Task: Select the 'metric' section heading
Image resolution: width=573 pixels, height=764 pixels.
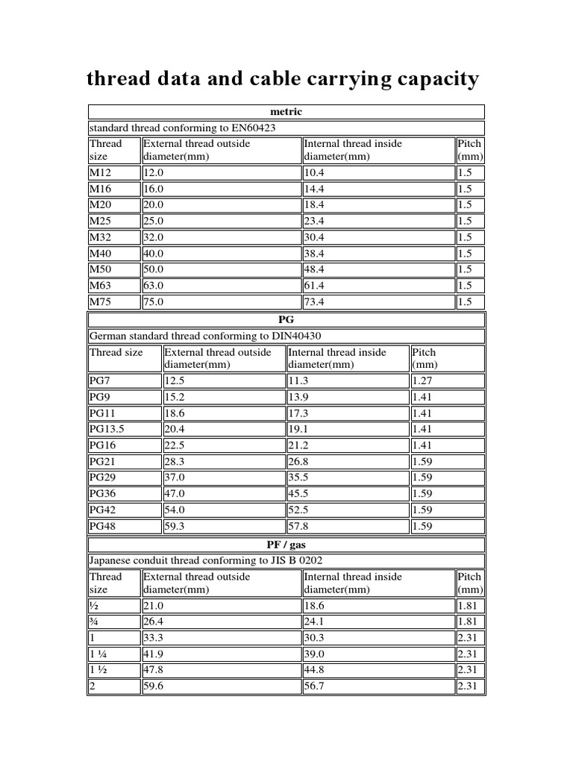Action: coord(286,112)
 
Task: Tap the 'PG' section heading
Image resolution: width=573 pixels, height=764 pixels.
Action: coord(286,319)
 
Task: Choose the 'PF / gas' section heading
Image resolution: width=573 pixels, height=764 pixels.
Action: coord(286,545)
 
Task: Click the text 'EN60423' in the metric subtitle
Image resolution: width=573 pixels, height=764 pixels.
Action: coord(251,128)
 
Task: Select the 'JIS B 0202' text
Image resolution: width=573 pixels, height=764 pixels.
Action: coord(295,560)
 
